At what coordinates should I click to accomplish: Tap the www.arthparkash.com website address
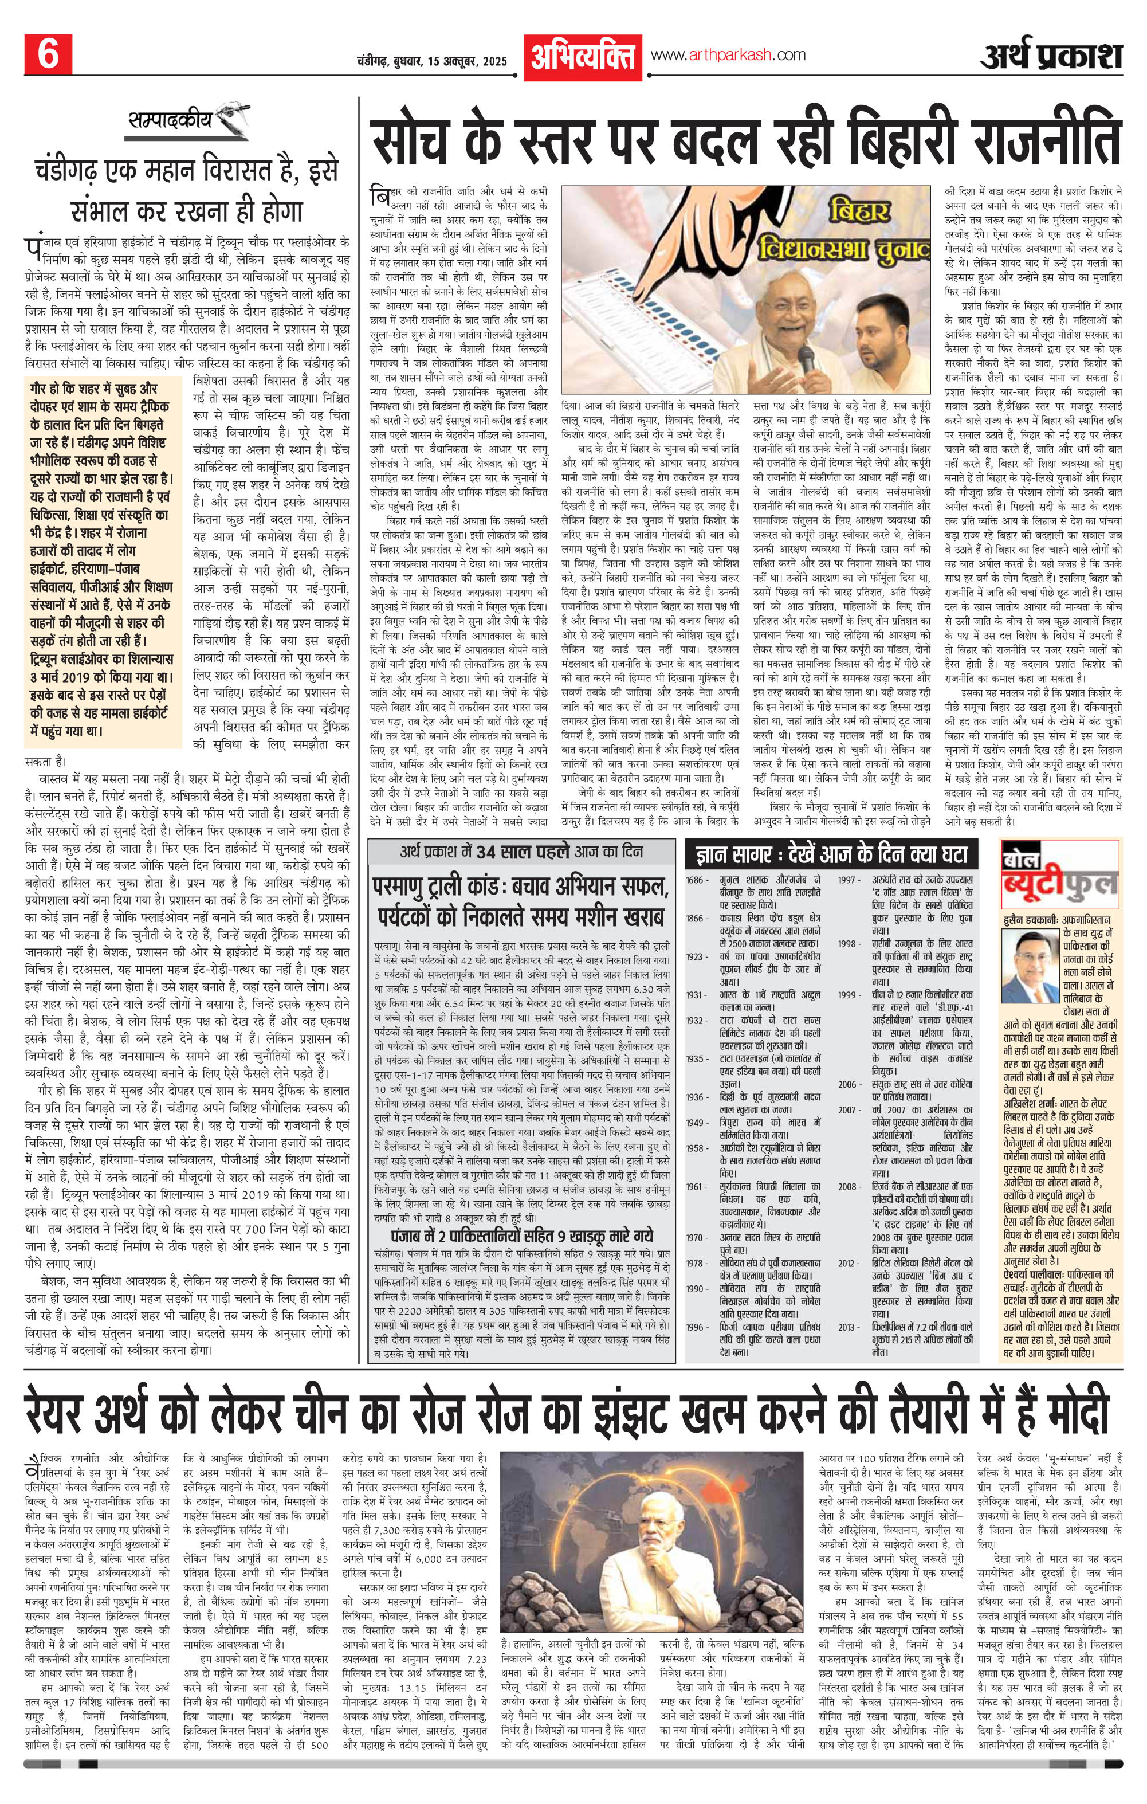point(728,54)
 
